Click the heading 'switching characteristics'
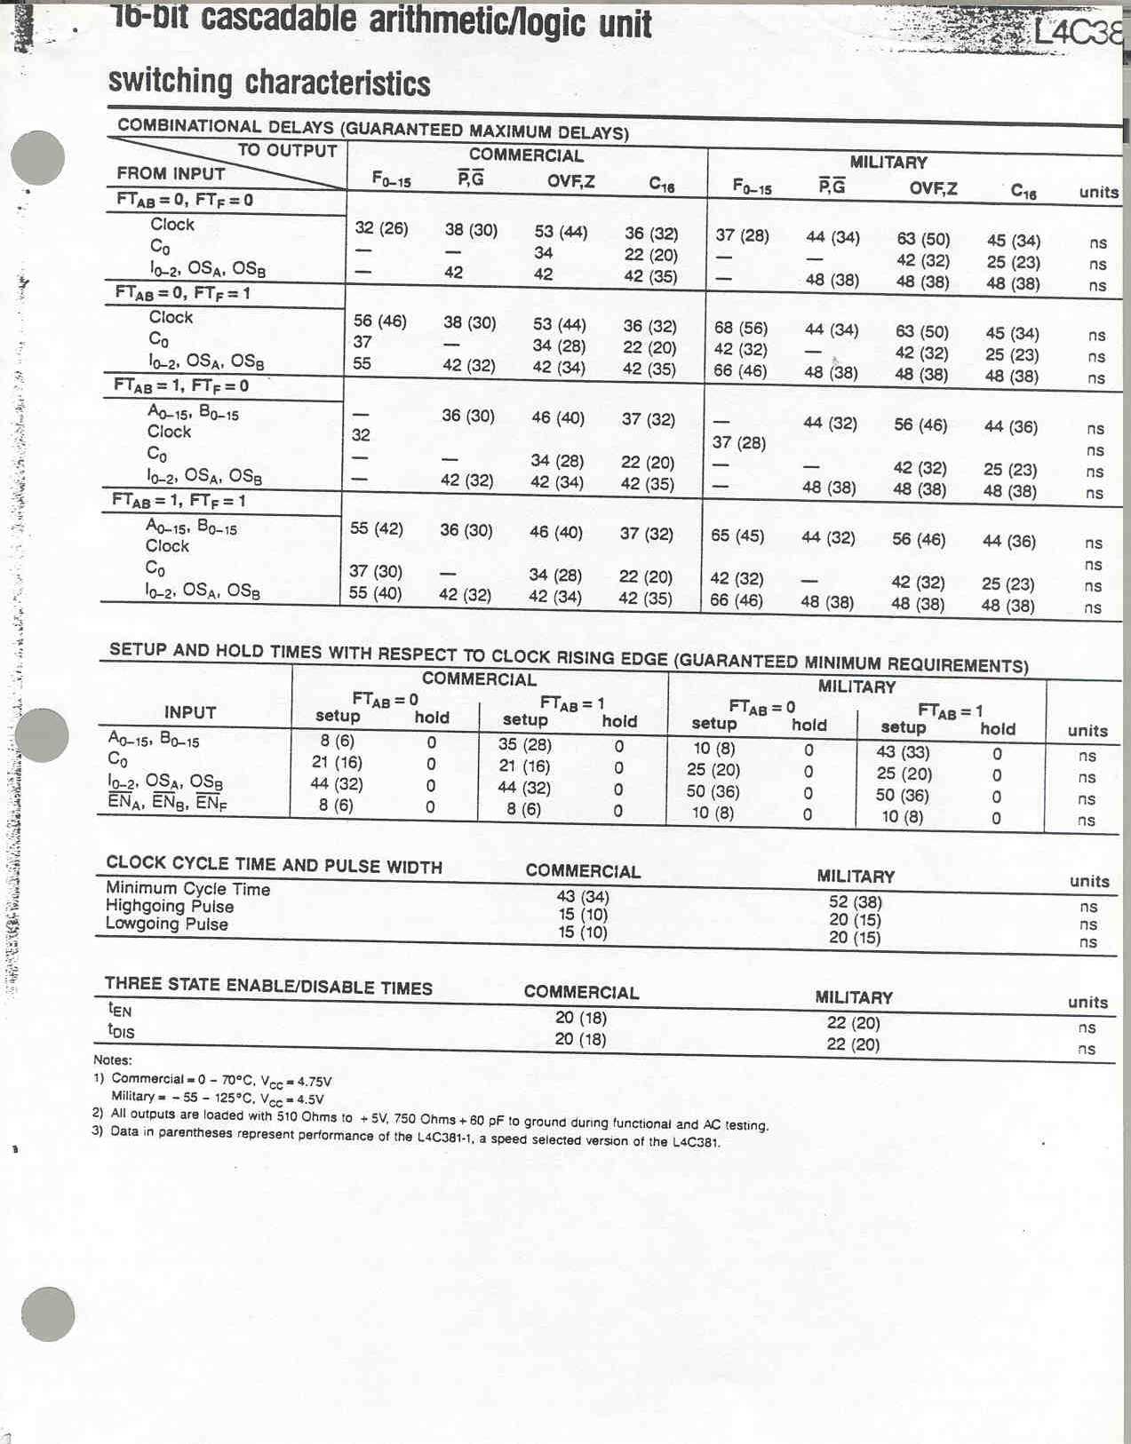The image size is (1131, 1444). pyautogui.click(x=269, y=83)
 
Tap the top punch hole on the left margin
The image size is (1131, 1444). pyautogui.click(x=37, y=158)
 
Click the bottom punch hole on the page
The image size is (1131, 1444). pyautogui.click(x=48, y=1314)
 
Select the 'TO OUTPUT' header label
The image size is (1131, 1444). pyautogui.click(x=287, y=151)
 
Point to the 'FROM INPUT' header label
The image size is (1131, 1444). pyautogui.click(x=171, y=173)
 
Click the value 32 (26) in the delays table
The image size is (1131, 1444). pyautogui.click(x=381, y=228)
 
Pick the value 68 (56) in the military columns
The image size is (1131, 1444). pyautogui.click(x=741, y=328)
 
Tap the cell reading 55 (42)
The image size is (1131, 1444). pyautogui.click(x=376, y=528)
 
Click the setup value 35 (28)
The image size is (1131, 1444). pyautogui.click(x=524, y=744)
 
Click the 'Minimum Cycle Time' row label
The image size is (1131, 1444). pyautogui.click(x=187, y=888)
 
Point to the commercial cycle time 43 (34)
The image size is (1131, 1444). pyautogui.click(x=583, y=896)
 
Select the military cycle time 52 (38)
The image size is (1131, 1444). pyautogui.click(x=855, y=902)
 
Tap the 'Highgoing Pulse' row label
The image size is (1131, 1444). pyautogui.click(x=170, y=906)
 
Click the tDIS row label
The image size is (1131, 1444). pyautogui.click(x=121, y=1031)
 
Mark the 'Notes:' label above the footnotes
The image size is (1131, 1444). pyautogui.click(x=112, y=1059)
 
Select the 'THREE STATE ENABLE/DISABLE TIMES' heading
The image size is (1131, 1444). pyautogui.click(x=268, y=985)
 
